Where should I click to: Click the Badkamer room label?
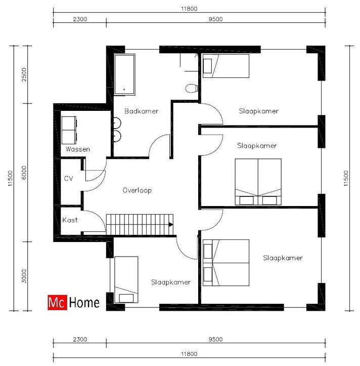pos(141,111)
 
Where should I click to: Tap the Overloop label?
pos(137,190)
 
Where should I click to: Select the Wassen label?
pos(78,149)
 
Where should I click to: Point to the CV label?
pos(68,179)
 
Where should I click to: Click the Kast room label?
pos(70,220)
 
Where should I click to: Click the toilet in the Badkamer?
pos(192,89)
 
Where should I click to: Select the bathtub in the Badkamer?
pos(124,74)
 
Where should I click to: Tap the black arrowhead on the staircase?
pos(171,225)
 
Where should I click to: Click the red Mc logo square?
pos(57,303)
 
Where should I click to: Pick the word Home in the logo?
pos(84,303)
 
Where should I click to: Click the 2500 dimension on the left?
pos(24,74)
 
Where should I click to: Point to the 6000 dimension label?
pos(24,173)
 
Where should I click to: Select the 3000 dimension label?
pos(24,276)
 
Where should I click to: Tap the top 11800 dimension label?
pos(189,9)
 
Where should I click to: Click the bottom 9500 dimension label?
pos(215,339)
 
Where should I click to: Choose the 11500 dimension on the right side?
pos(346,178)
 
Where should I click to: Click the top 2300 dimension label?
pos(80,19)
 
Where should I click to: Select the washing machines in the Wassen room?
pos(69,130)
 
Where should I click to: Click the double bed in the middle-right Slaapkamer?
pos(258,182)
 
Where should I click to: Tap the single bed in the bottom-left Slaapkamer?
pos(126,279)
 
